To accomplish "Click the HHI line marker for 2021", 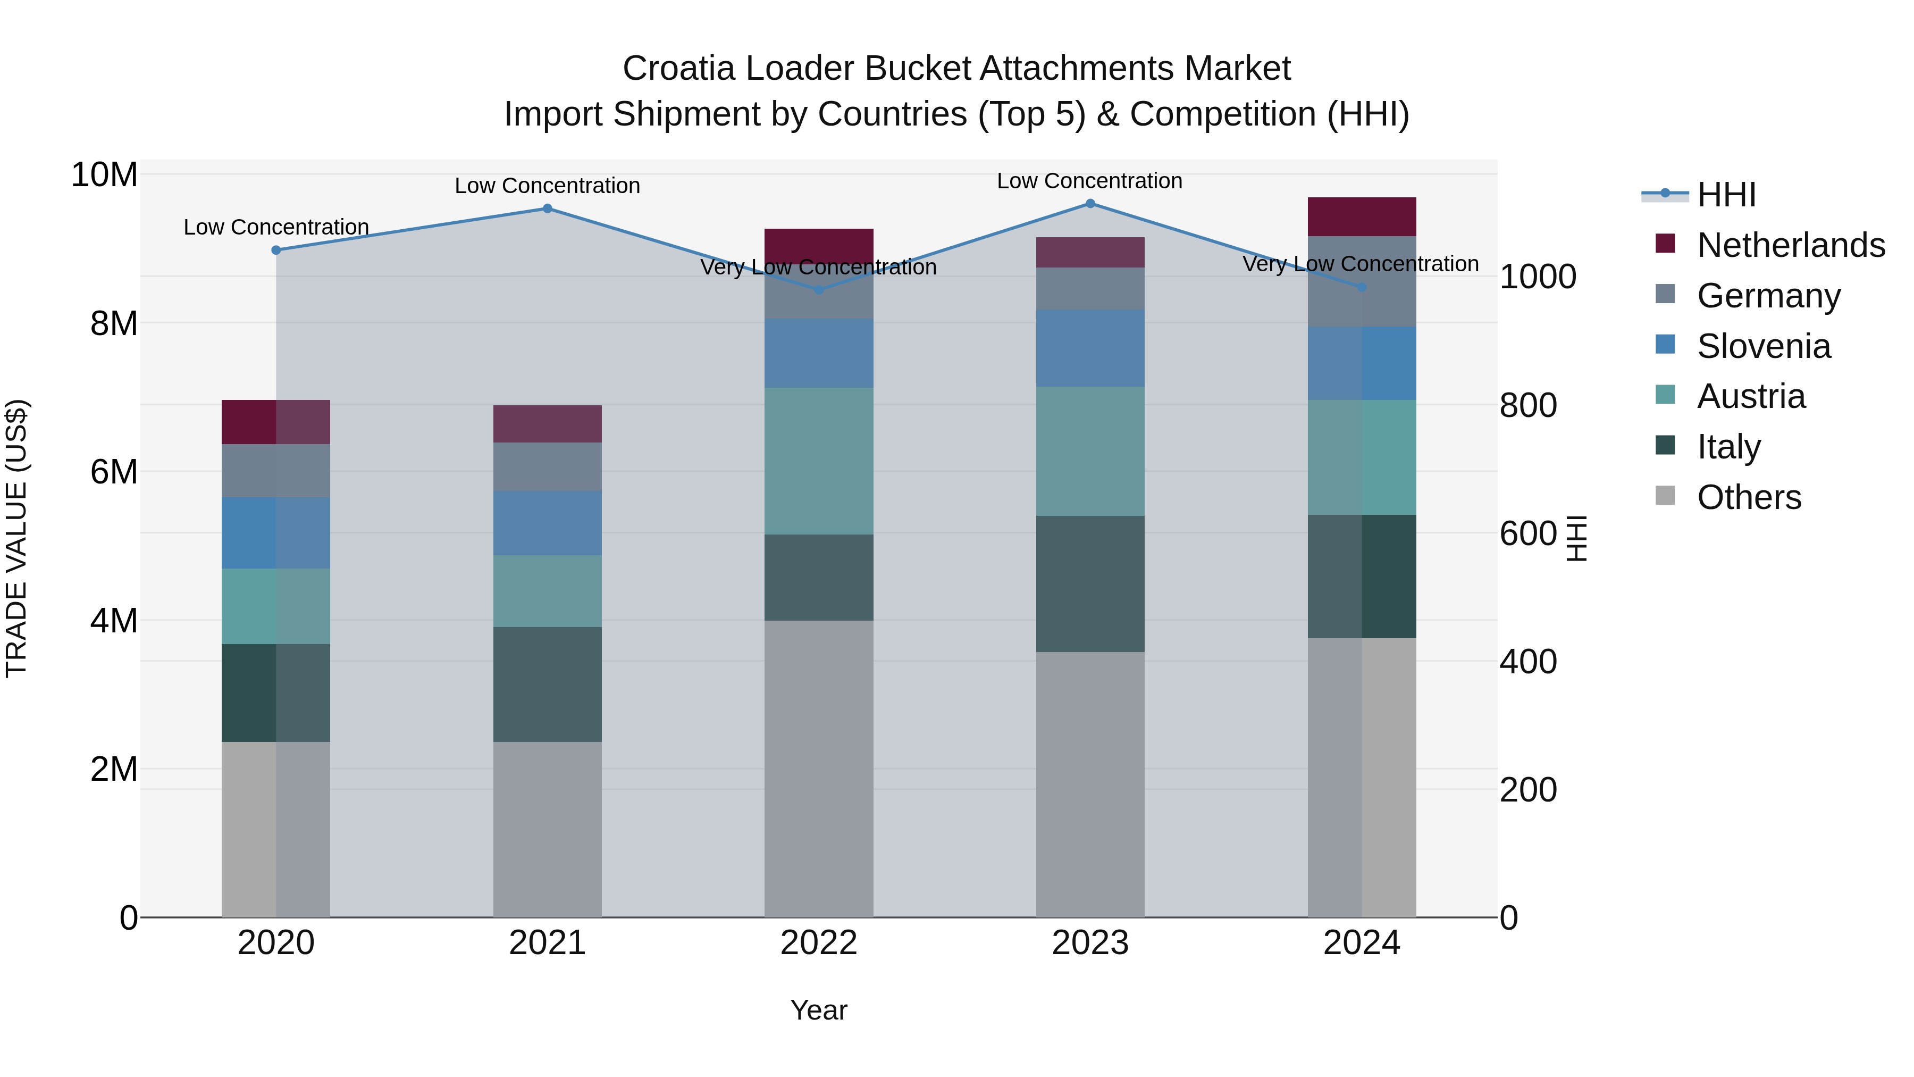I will (548, 209).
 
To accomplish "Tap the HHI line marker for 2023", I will (1090, 204).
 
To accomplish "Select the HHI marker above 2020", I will (276, 251).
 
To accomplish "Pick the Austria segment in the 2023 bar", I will (1090, 451).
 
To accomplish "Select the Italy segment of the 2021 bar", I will (548, 684).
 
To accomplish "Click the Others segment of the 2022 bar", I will (819, 769).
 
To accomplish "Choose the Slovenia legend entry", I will (1763, 346).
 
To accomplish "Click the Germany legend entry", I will (1768, 296).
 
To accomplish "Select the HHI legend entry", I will (1726, 195).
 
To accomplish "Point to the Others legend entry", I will (1748, 497).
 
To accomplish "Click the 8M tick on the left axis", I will (114, 323).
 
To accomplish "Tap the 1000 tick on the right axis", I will (1537, 277).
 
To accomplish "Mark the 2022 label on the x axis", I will (819, 943).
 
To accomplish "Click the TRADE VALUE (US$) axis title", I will (16, 538).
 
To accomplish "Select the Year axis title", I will (819, 1010).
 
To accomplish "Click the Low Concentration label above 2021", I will (548, 186).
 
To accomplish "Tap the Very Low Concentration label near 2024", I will (1361, 264).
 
